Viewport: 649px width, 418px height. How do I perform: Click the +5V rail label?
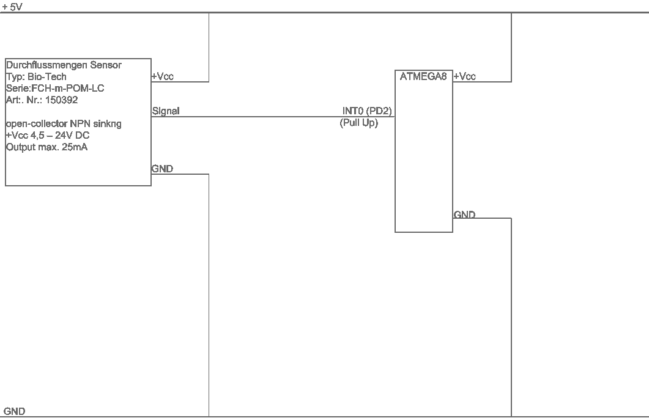click(12, 7)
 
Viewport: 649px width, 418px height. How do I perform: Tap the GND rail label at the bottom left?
click(15, 411)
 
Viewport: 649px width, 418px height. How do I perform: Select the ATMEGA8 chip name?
click(423, 76)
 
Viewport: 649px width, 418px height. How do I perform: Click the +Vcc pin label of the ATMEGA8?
click(465, 76)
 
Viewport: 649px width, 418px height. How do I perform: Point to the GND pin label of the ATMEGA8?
click(464, 215)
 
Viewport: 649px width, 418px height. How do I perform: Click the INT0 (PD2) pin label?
click(367, 111)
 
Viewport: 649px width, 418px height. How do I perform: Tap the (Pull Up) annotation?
click(359, 123)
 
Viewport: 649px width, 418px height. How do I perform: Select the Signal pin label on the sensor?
click(166, 111)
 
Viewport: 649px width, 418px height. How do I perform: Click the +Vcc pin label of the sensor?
click(163, 76)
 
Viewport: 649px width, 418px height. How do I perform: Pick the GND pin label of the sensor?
click(162, 169)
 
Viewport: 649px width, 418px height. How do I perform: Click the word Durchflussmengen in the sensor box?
click(46, 65)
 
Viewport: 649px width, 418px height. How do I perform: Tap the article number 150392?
click(62, 100)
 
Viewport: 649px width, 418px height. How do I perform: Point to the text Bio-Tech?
click(46, 77)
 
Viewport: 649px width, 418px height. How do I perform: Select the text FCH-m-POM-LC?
click(68, 89)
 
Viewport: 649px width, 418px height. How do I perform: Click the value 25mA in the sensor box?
click(75, 147)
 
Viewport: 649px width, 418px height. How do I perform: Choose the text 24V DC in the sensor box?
click(72, 136)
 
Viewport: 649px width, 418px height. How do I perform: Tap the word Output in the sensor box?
click(20, 147)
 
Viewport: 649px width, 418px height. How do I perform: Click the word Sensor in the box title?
click(106, 65)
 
